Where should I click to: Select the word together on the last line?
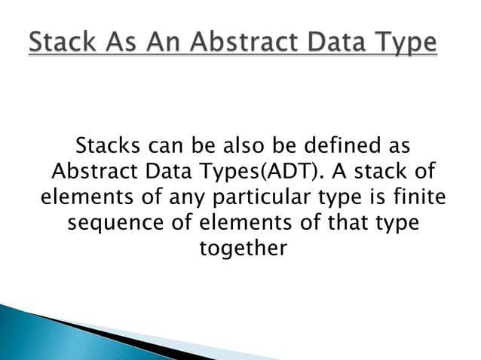242,249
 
